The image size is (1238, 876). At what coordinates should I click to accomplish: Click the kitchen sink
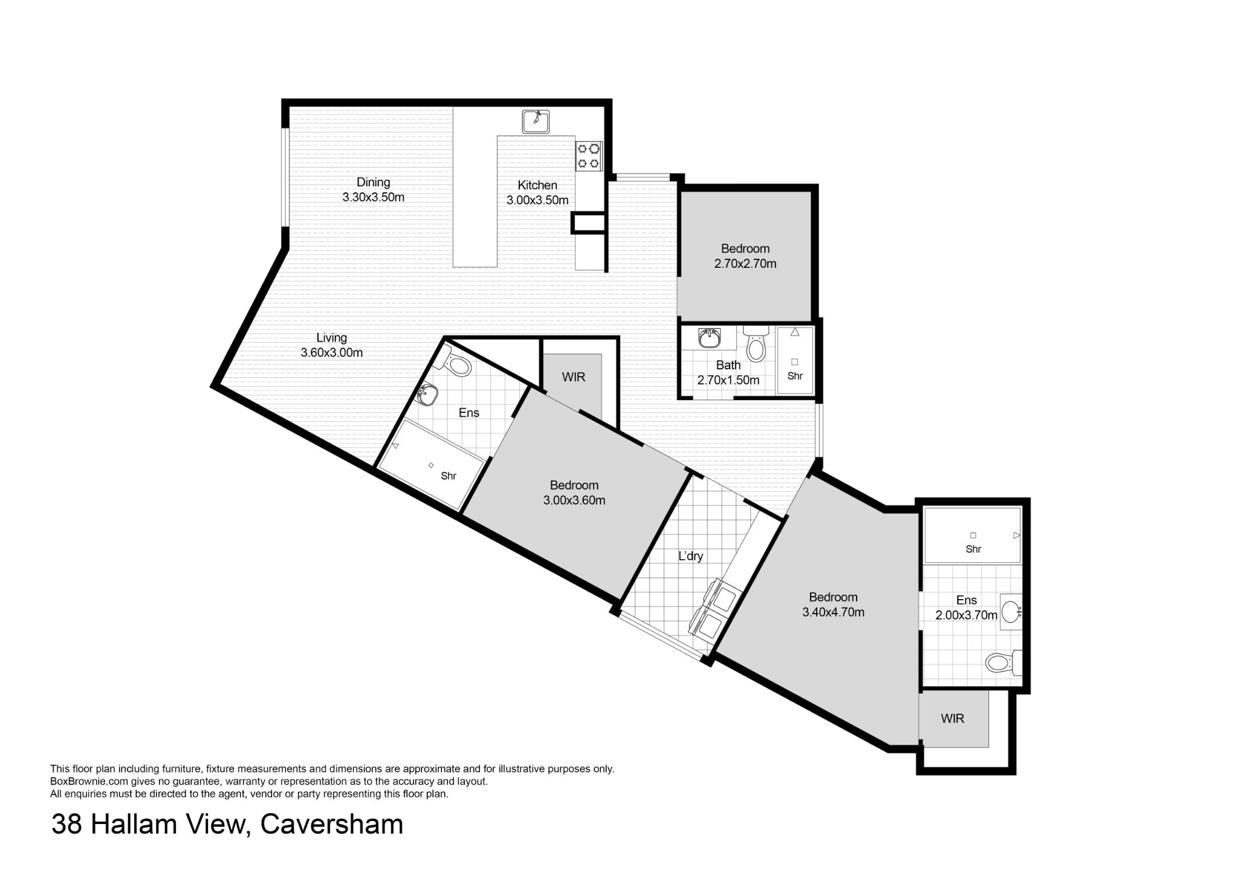click(x=536, y=122)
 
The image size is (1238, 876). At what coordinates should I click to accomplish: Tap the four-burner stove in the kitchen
click(x=588, y=155)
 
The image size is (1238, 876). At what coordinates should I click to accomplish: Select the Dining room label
click(x=373, y=182)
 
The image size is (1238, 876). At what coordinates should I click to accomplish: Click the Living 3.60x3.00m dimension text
click(x=332, y=352)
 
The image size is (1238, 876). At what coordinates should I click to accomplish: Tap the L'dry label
click(x=690, y=556)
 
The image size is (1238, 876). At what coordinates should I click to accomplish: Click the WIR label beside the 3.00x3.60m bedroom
click(x=574, y=377)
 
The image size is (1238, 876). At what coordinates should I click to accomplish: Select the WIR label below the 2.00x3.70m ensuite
click(x=953, y=718)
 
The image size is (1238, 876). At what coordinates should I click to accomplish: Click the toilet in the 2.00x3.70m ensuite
click(x=1004, y=663)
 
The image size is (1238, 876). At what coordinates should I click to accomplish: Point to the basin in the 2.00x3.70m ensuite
click(x=1011, y=612)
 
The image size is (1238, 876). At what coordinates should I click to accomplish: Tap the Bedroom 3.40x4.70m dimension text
click(x=834, y=612)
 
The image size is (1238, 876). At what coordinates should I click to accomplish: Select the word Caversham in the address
click(x=331, y=824)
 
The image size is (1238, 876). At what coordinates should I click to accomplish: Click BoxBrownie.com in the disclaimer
click(x=88, y=781)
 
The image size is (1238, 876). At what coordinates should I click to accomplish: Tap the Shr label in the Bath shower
click(x=795, y=376)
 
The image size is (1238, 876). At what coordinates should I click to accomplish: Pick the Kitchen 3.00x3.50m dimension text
click(x=537, y=200)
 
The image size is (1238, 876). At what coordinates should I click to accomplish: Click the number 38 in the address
click(x=67, y=824)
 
